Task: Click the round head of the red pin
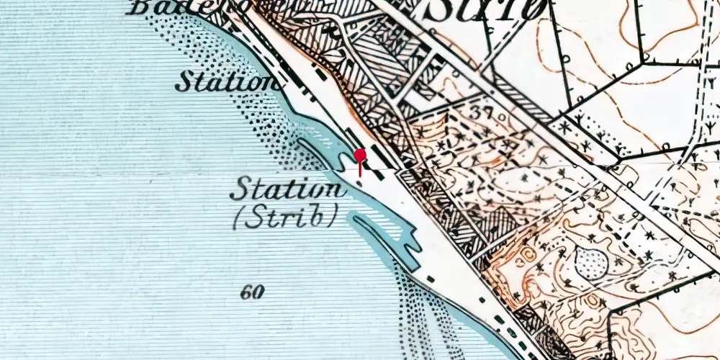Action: [360, 155]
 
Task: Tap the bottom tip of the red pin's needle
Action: [360, 176]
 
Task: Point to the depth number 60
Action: [252, 292]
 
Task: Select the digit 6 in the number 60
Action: [246, 292]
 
